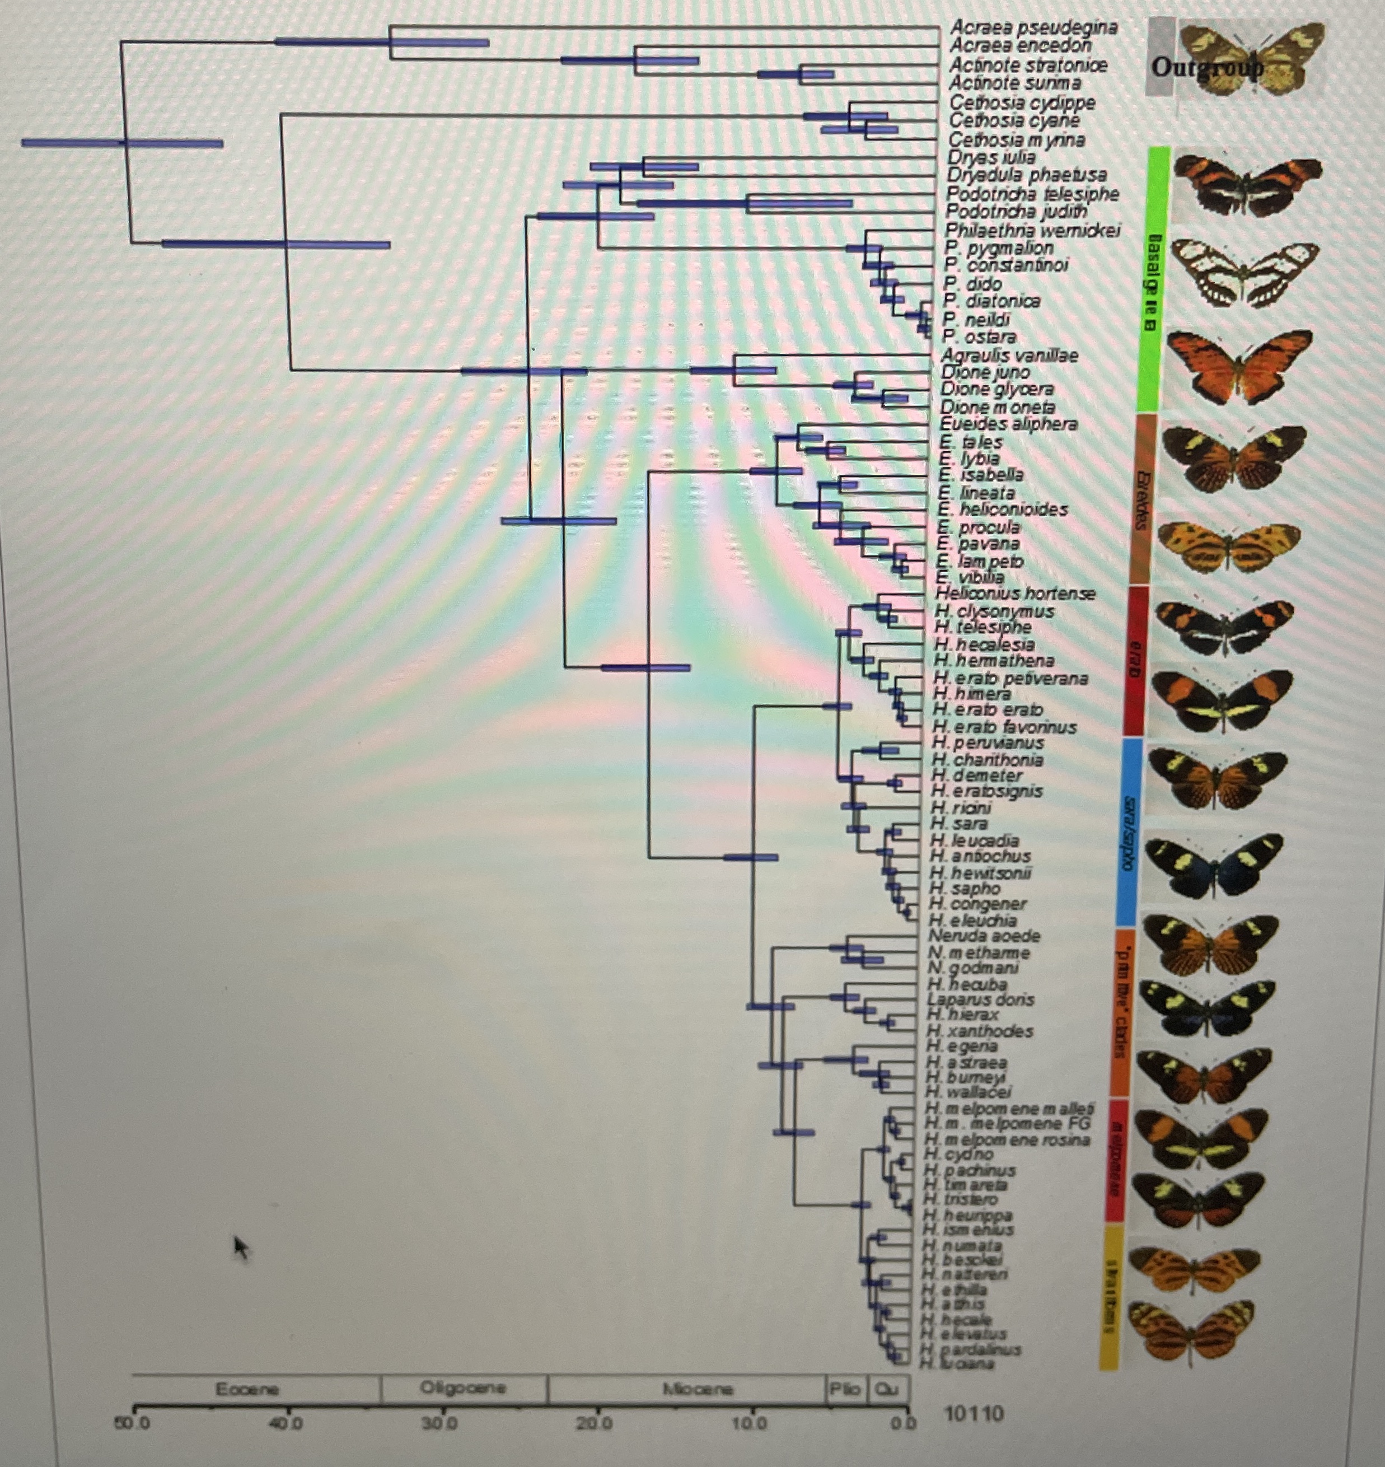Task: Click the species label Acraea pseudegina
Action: point(1033,27)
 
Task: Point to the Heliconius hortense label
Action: point(1014,593)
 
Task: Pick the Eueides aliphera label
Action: point(1008,424)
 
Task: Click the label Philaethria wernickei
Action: point(1033,230)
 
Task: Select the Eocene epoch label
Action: point(248,1389)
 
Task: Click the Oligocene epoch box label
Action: point(463,1387)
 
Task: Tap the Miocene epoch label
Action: point(698,1389)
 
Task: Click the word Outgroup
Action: point(1207,68)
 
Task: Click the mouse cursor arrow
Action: point(241,1247)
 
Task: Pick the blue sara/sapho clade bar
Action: point(1128,830)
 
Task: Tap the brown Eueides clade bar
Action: point(1142,498)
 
